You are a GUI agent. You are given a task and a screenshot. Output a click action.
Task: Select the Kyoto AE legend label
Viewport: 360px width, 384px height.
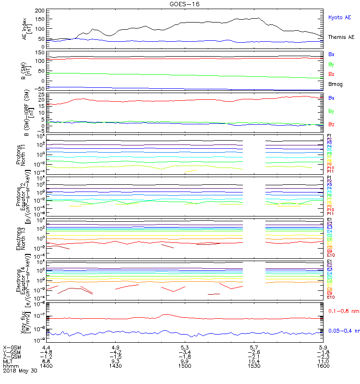coord(340,17)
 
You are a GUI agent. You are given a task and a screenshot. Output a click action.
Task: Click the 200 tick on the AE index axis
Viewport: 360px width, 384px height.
coord(40,11)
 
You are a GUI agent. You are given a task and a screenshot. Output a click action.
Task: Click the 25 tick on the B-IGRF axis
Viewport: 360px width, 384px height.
coord(40,96)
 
